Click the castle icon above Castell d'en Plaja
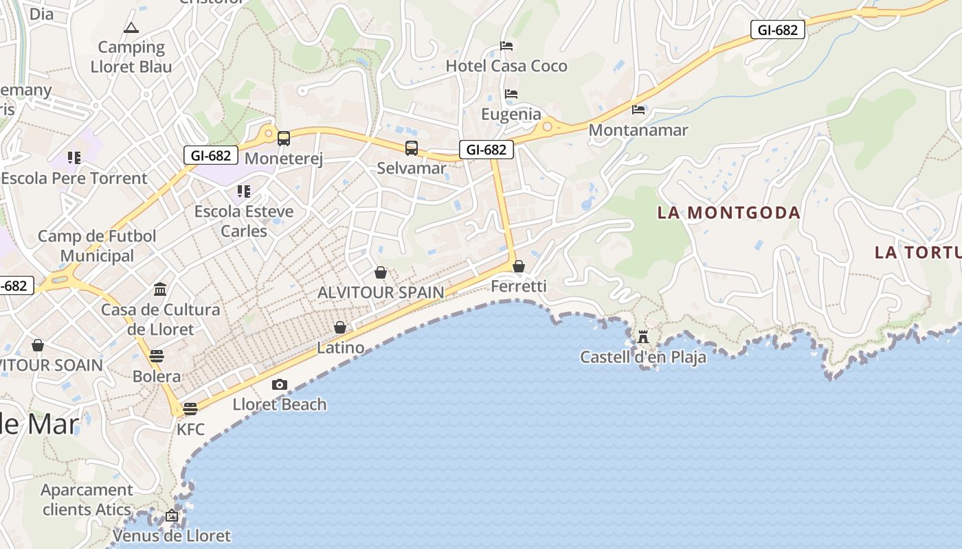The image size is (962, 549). click(x=643, y=336)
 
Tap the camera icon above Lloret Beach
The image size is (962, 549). click(x=279, y=384)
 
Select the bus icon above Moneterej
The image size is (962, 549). click(x=283, y=138)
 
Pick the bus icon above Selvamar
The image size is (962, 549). click(x=411, y=148)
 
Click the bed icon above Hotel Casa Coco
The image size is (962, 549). click(x=506, y=46)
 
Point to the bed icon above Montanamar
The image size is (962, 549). click(x=638, y=109)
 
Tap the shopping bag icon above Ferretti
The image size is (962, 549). click(x=519, y=266)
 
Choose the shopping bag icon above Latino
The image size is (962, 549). click(x=339, y=327)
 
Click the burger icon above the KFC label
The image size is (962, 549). click(x=190, y=408)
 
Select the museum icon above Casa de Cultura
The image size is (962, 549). click(x=160, y=289)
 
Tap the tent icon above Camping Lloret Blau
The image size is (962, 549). click(x=131, y=27)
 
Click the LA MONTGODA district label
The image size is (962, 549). click(x=728, y=213)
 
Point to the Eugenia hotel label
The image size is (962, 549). click(x=511, y=114)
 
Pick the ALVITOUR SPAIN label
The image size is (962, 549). click(x=381, y=292)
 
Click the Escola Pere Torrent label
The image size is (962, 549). click(x=74, y=178)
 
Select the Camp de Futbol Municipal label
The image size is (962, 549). click(x=97, y=246)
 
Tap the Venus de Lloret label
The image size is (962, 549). click(x=172, y=535)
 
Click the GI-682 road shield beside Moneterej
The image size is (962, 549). click(x=211, y=155)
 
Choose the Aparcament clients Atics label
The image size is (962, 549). click(x=87, y=500)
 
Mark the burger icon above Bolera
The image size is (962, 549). click(x=157, y=355)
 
